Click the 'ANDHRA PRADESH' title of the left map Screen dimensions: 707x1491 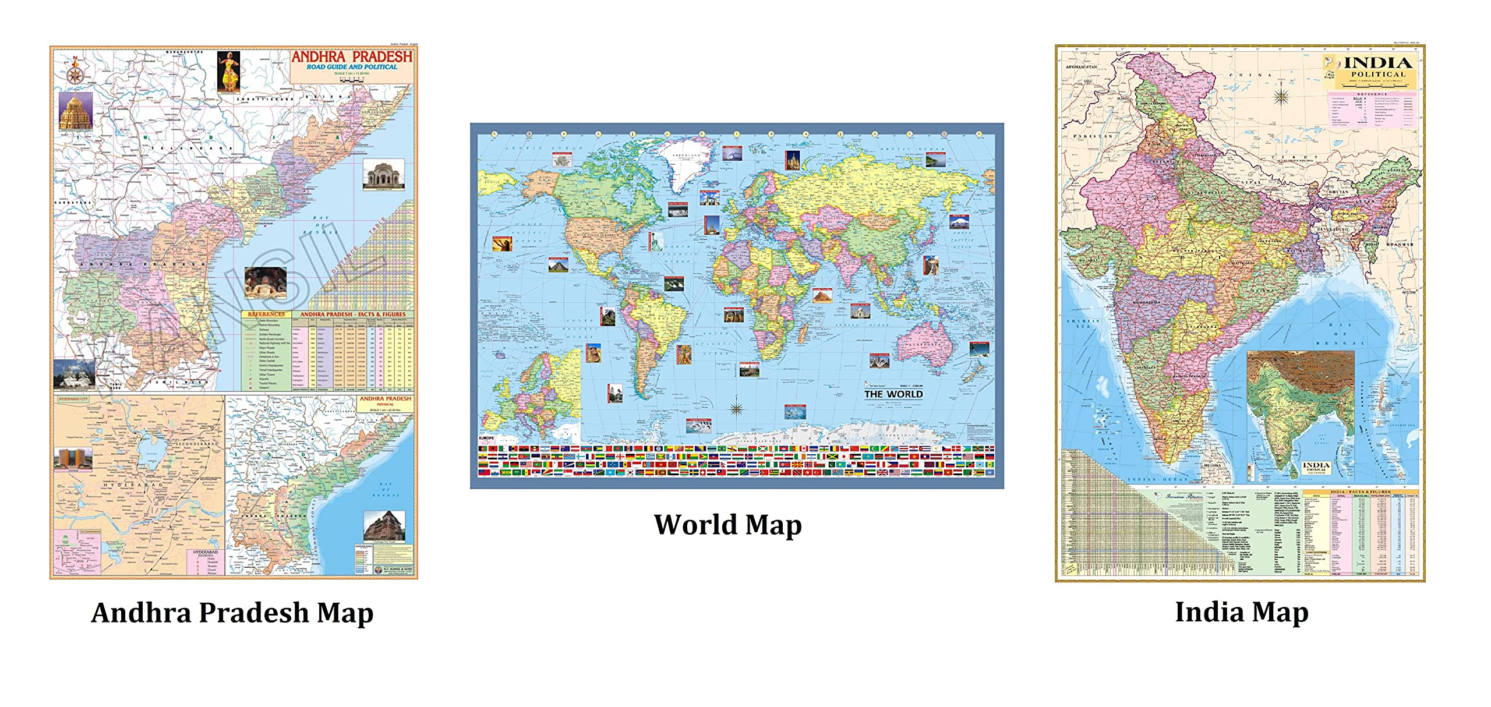(x=351, y=56)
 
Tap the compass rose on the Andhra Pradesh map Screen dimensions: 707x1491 (x=75, y=74)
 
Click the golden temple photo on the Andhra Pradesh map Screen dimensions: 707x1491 (x=76, y=111)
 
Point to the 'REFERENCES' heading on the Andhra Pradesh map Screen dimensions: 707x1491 (x=266, y=314)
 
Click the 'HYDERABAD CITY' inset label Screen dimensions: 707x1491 (x=73, y=400)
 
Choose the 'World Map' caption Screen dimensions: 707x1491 (x=727, y=525)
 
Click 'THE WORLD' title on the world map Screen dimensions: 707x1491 (x=893, y=394)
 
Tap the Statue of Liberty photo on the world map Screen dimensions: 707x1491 (x=655, y=241)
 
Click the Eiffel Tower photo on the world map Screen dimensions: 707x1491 (x=712, y=225)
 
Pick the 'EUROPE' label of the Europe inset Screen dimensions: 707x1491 (x=486, y=438)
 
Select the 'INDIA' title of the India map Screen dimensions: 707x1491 (x=1378, y=63)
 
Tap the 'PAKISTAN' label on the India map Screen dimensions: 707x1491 (x=1093, y=136)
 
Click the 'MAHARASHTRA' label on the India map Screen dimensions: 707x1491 (x=1146, y=303)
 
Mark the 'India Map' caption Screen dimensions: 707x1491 (x=1241, y=612)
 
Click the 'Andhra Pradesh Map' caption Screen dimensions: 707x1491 (x=232, y=613)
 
